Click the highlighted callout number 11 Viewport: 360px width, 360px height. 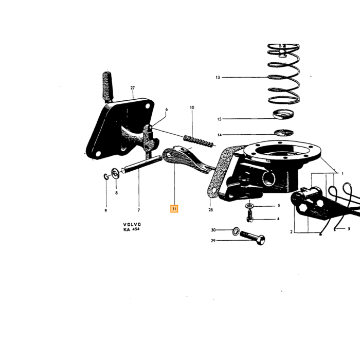174,209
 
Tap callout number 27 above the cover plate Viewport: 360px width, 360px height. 133,88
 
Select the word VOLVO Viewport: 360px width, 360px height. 132,224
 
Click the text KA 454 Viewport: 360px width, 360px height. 131,229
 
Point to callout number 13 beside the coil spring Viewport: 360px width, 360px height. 218,77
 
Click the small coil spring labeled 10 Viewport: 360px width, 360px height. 199,141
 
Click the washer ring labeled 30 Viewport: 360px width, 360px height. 236,231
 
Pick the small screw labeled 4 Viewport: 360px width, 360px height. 250,217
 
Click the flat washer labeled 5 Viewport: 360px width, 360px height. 249,205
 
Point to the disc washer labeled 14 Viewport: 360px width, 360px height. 284,133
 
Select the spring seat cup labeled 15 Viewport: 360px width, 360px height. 283,114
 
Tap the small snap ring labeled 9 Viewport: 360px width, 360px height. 106,177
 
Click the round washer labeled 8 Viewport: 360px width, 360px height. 115,173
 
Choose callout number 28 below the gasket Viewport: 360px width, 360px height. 210,210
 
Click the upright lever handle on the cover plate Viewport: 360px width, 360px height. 107,87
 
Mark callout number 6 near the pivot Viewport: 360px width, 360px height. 167,109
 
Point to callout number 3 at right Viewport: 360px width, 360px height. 349,229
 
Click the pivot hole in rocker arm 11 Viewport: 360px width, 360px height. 169,155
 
